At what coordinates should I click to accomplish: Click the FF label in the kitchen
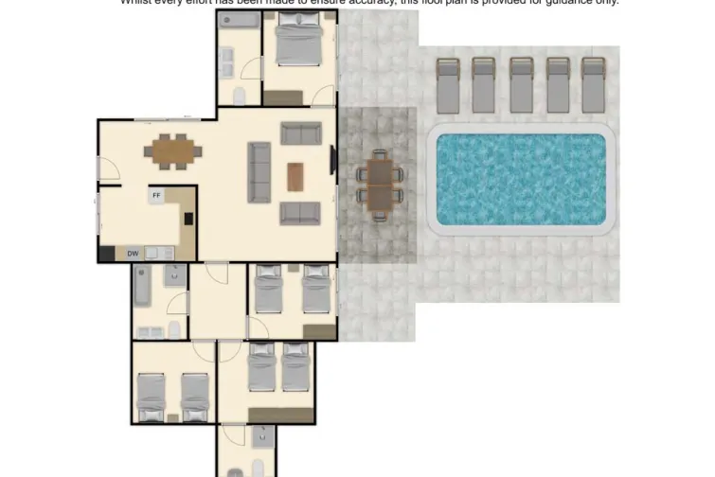(156, 196)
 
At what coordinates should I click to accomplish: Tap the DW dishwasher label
(133, 253)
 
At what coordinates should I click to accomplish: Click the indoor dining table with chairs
(173, 150)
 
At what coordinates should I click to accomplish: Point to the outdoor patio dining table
(381, 183)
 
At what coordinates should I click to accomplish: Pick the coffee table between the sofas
(296, 175)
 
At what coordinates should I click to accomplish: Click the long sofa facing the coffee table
(259, 171)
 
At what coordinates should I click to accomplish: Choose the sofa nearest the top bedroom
(300, 133)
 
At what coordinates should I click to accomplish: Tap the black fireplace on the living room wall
(332, 160)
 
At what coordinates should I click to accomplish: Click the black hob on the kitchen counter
(188, 220)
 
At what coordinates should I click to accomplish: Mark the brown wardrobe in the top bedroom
(282, 97)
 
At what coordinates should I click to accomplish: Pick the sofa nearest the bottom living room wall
(299, 213)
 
